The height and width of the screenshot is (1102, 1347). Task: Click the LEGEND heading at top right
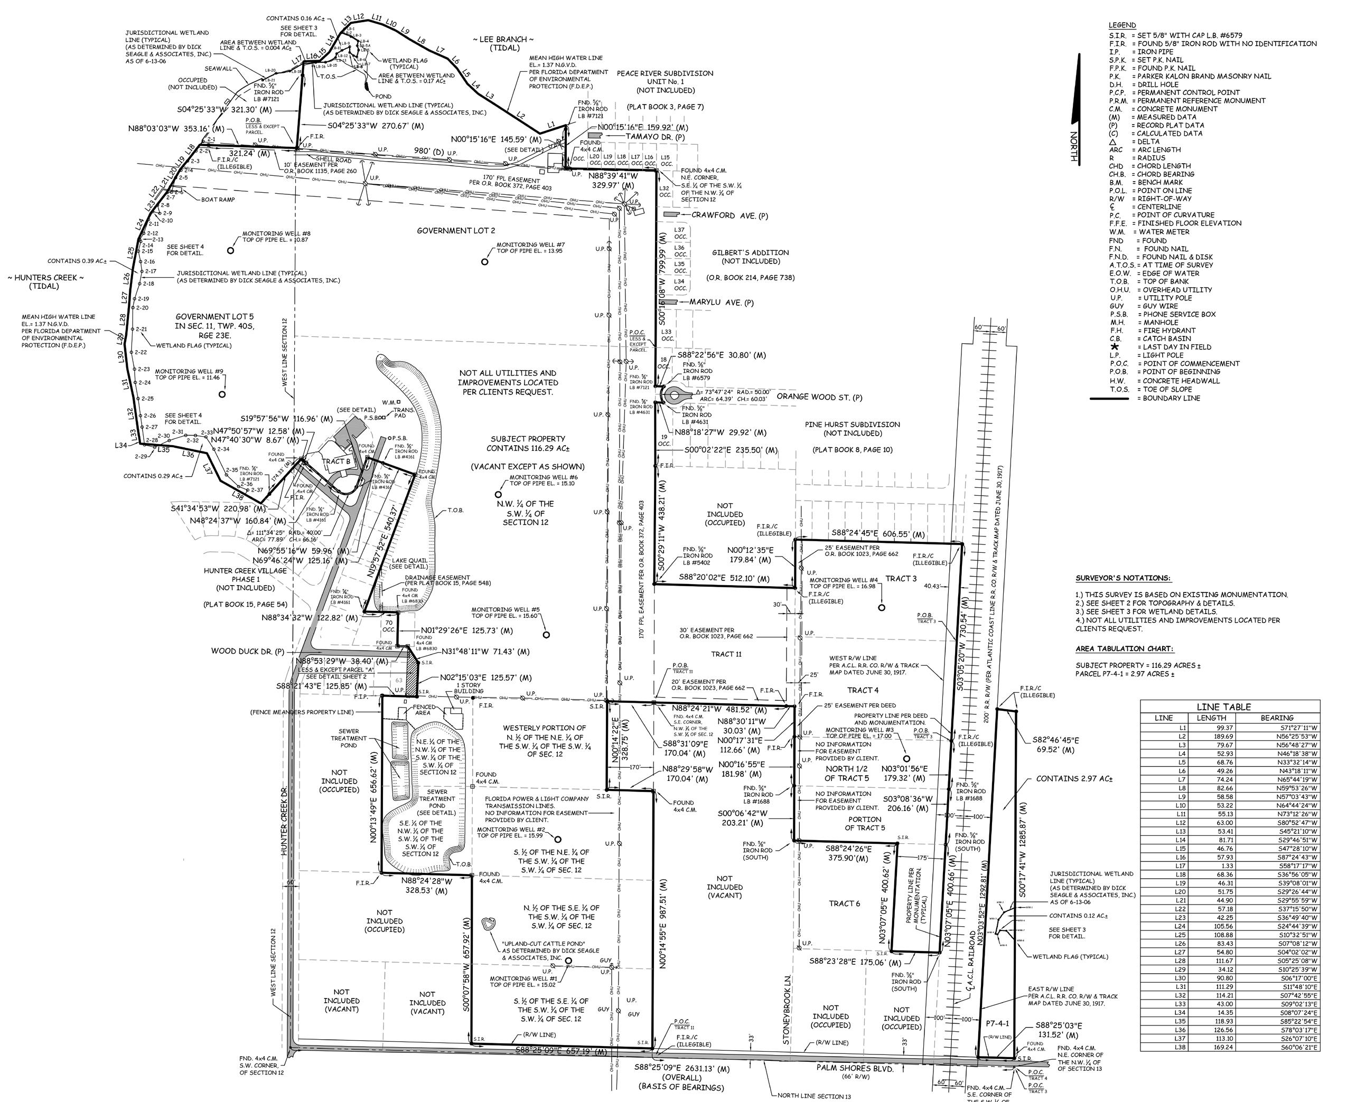click(x=1122, y=25)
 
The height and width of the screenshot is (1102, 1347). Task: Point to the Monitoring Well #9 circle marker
click(x=222, y=394)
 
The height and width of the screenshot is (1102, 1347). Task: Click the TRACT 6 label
click(x=845, y=903)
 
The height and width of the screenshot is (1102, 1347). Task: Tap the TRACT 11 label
click(x=726, y=654)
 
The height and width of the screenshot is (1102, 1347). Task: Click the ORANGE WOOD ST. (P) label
click(x=819, y=398)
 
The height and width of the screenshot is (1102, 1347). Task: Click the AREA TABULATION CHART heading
click(x=1124, y=649)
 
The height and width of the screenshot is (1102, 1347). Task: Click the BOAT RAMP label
click(x=218, y=199)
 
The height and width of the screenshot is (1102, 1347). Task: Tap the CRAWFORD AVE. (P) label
click(x=729, y=216)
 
